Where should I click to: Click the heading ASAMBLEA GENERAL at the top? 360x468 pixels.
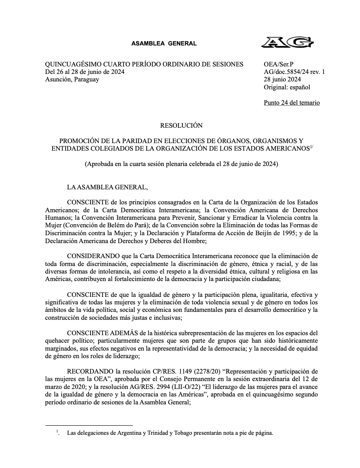pos(164,43)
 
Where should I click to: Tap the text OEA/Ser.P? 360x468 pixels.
pos(279,64)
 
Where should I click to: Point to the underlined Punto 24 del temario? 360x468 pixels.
pos(292,103)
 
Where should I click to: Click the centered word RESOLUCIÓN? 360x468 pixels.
pos(181,126)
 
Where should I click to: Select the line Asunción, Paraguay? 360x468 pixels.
pos(72,79)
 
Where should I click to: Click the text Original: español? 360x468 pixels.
pos(287,87)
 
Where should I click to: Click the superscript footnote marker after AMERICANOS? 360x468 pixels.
pos(311,147)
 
